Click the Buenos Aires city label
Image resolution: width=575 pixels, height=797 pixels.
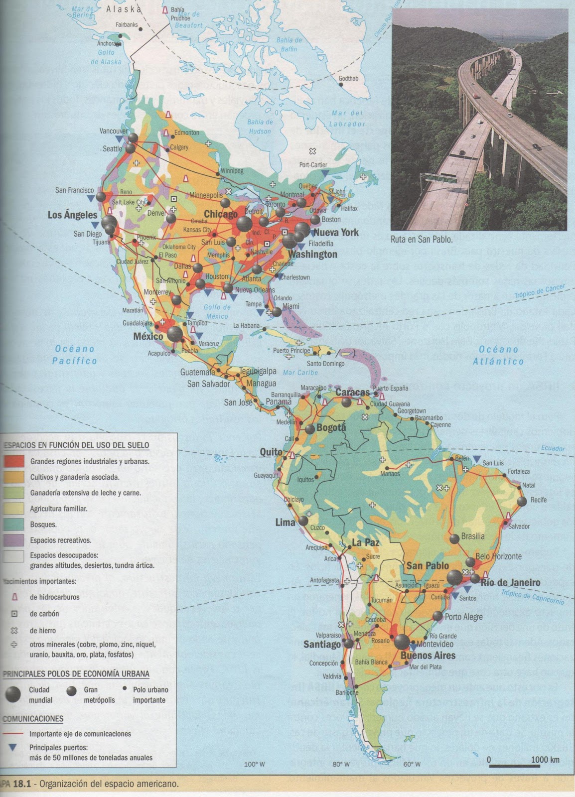click(x=428, y=656)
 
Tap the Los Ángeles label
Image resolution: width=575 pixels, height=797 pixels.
click(x=72, y=215)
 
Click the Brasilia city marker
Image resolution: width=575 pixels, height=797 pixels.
click(x=454, y=538)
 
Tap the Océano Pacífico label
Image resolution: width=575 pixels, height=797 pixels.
click(x=75, y=355)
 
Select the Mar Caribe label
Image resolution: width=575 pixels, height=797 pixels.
click(x=300, y=373)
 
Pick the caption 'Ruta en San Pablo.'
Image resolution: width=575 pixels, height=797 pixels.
click(x=421, y=239)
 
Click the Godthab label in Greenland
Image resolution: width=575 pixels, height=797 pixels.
click(x=348, y=79)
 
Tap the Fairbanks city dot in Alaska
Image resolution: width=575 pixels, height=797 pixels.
click(x=141, y=29)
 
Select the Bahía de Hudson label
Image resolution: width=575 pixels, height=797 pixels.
click(x=260, y=127)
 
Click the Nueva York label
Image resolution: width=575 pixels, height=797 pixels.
click(x=336, y=232)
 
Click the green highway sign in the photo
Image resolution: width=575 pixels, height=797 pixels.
click(x=439, y=177)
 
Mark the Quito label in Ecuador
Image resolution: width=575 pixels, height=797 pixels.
click(x=271, y=452)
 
